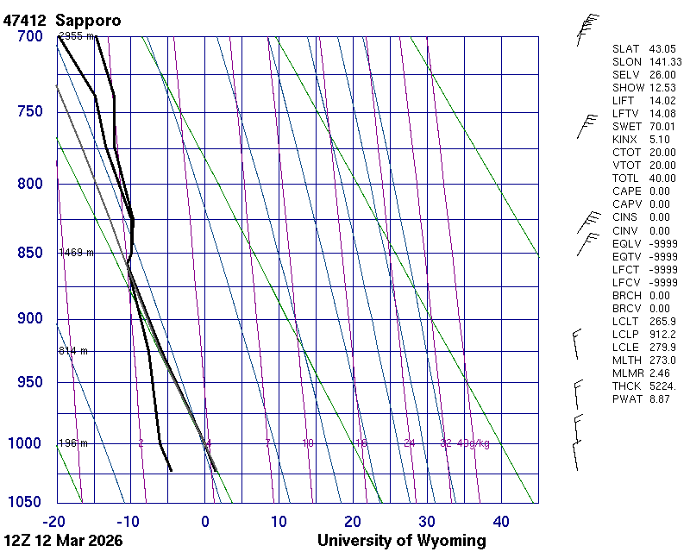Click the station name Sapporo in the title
[x=88, y=19]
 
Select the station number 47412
[x=26, y=19]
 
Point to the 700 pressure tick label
[x=28, y=37]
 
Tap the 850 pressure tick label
[x=28, y=253]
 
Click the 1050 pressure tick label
[x=25, y=503]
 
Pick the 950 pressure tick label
[x=28, y=382]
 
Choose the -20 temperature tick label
[x=55, y=521]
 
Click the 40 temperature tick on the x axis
[x=501, y=521]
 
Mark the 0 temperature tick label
[x=204, y=521]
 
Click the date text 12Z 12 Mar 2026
[x=63, y=541]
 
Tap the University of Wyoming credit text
[x=401, y=541]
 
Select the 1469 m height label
[x=76, y=253]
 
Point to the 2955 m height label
[x=76, y=36]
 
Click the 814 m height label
[x=73, y=351]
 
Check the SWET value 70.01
[x=662, y=127]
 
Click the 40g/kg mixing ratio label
[x=474, y=443]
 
